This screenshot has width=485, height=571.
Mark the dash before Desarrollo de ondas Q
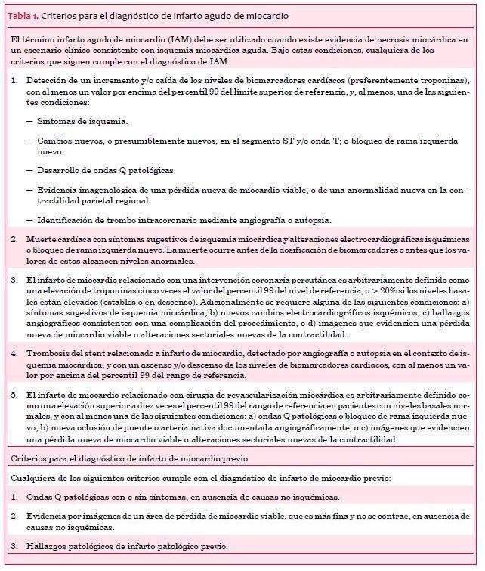coord(30,170)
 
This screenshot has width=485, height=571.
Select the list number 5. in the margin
coord(16,395)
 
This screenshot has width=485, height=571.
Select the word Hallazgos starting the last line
coord(48,546)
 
